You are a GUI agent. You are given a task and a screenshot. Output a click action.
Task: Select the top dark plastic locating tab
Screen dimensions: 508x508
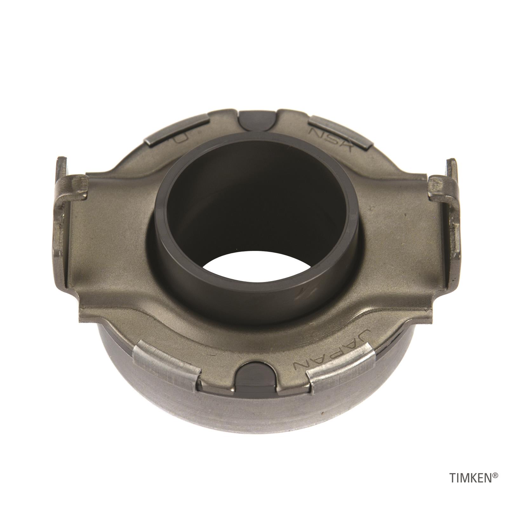click(x=257, y=120)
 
